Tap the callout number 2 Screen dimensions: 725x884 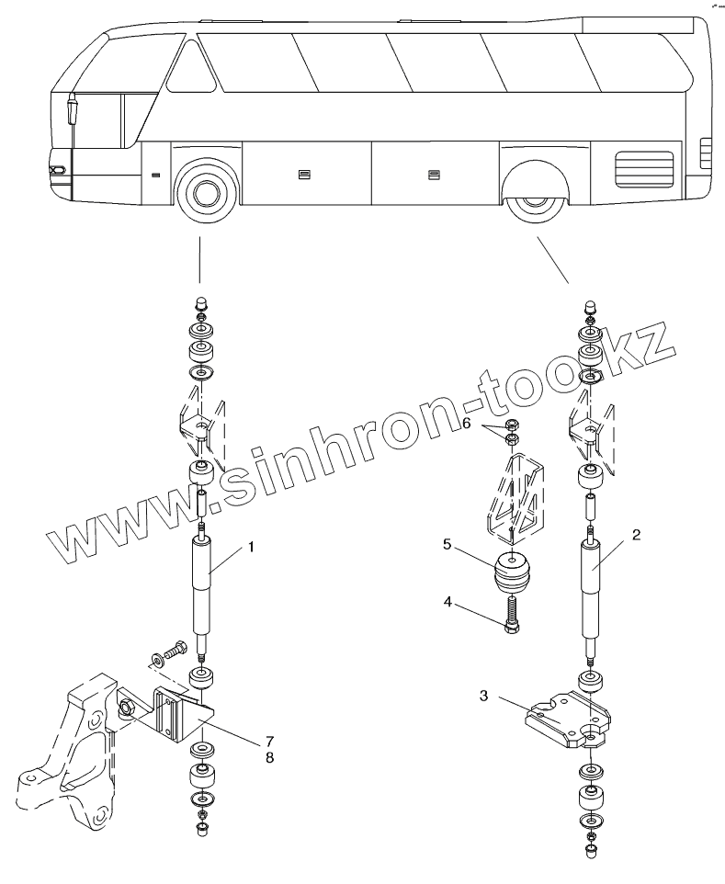tap(636, 533)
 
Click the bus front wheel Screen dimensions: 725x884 tap(205, 195)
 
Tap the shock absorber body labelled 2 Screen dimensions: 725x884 tap(591, 588)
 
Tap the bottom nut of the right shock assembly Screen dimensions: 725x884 tap(590, 851)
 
